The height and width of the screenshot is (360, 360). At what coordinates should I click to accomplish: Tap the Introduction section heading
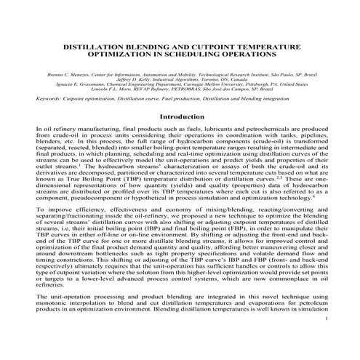coord(181,116)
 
